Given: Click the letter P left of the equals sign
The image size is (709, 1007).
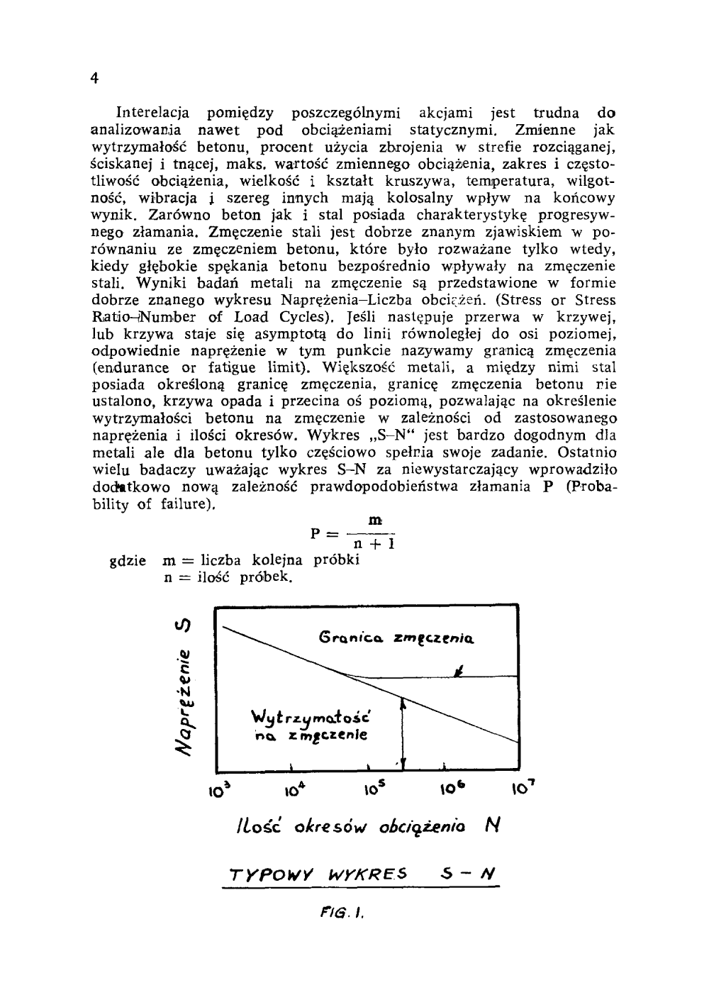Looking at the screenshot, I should [x=316, y=533].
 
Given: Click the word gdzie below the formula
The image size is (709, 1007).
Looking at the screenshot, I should [x=128, y=560].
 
